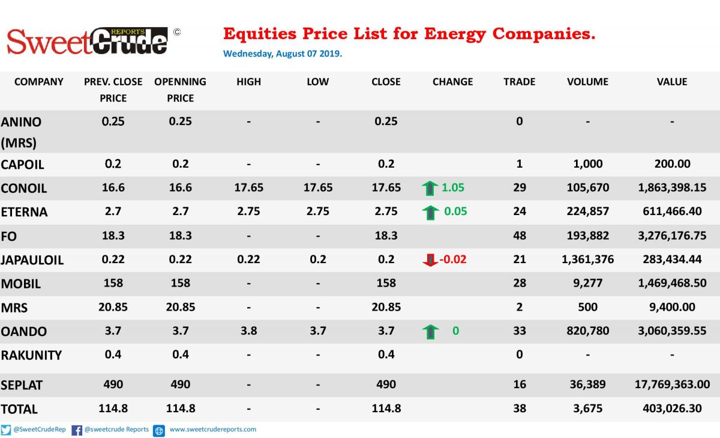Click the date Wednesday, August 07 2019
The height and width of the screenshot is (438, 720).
283,53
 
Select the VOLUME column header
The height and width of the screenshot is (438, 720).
587,82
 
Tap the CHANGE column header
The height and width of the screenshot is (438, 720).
452,82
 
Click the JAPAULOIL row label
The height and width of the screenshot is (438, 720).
32,260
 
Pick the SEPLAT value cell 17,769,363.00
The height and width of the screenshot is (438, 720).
672,385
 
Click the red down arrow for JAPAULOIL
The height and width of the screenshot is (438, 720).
430,260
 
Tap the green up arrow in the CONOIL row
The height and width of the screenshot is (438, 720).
430,188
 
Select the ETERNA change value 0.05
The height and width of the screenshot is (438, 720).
455,211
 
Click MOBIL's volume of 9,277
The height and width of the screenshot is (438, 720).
587,283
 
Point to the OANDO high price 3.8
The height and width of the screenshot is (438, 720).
249,331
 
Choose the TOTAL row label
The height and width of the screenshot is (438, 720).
19,409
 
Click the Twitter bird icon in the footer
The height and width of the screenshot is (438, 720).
6,430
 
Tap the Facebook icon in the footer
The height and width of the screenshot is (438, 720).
77,430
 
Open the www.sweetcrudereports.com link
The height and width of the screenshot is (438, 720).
213,430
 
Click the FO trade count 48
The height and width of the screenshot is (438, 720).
520,236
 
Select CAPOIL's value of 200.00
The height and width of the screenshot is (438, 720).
673,164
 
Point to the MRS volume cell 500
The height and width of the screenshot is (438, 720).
587,307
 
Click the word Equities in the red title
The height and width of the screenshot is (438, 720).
260,34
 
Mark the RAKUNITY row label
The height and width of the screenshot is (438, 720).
31,355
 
